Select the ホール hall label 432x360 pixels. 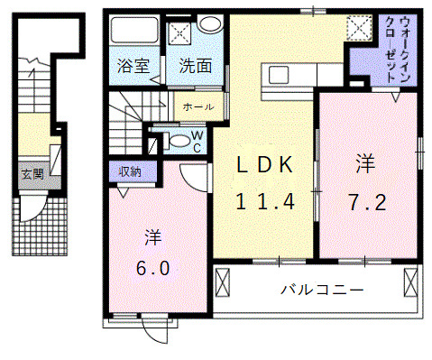pyautogui.click(x=198, y=107)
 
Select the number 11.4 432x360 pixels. pyautogui.click(x=265, y=201)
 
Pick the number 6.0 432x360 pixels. pyautogui.click(x=152, y=268)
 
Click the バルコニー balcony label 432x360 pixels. pyautogui.click(x=321, y=291)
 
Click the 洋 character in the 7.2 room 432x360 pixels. pyautogui.click(x=364, y=164)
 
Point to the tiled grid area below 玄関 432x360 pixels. pyautogui.click(x=38, y=226)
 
